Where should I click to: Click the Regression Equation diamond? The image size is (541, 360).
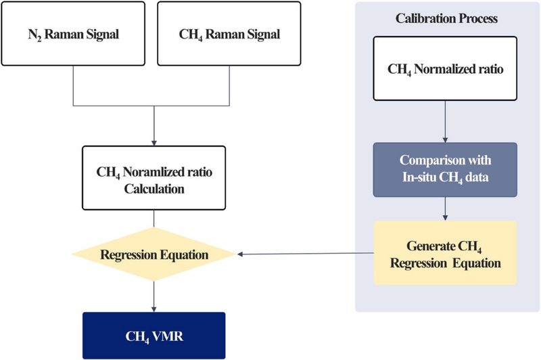pyautogui.click(x=155, y=254)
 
